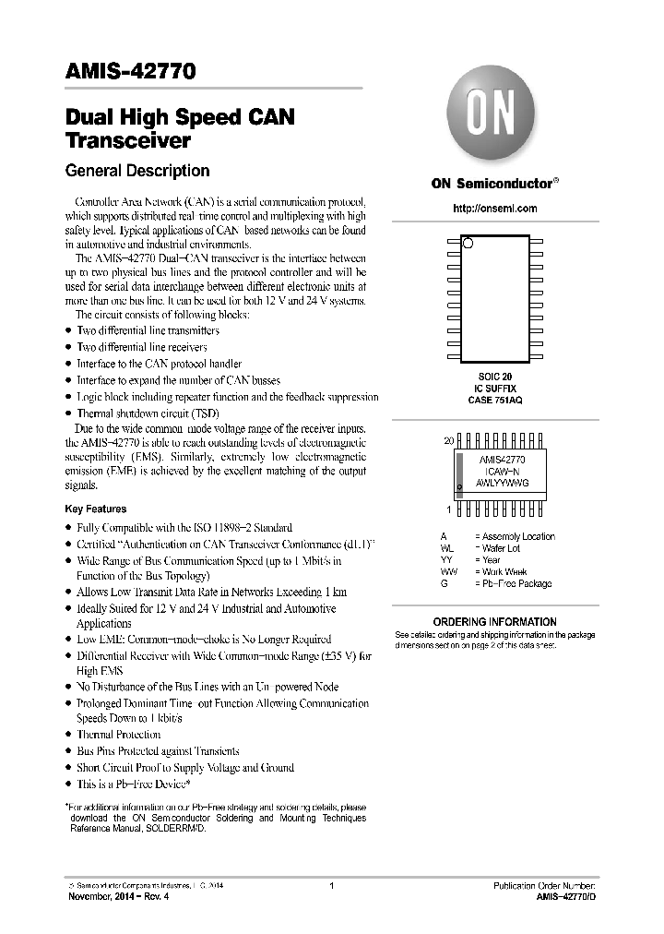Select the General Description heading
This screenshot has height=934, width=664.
[x=137, y=171]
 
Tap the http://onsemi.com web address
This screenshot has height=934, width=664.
[x=494, y=209]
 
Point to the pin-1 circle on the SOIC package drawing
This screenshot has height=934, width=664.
[x=468, y=243]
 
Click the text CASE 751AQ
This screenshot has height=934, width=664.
[x=494, y=401]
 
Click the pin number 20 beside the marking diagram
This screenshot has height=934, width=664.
[x=449, y=441]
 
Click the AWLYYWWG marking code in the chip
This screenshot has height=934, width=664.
[x=502, y=483]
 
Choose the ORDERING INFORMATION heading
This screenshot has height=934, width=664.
[x=494, y=622]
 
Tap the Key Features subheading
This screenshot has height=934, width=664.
[x=96, y=509]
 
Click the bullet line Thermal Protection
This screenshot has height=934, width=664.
[x=118, y=735]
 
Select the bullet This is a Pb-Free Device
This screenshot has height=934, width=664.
[x=133, y=784]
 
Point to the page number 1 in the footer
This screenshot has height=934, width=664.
[x=331, y=886]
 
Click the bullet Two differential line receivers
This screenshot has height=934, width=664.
[x=141, y=347]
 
